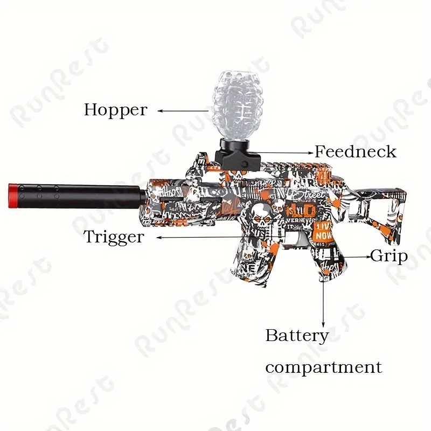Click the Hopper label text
point(115,110)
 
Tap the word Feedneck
point(356,152)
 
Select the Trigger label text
point(114,237)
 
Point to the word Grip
point(389,256)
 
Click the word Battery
point(297,336)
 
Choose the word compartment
point(323,368)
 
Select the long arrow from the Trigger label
point(215,237)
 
